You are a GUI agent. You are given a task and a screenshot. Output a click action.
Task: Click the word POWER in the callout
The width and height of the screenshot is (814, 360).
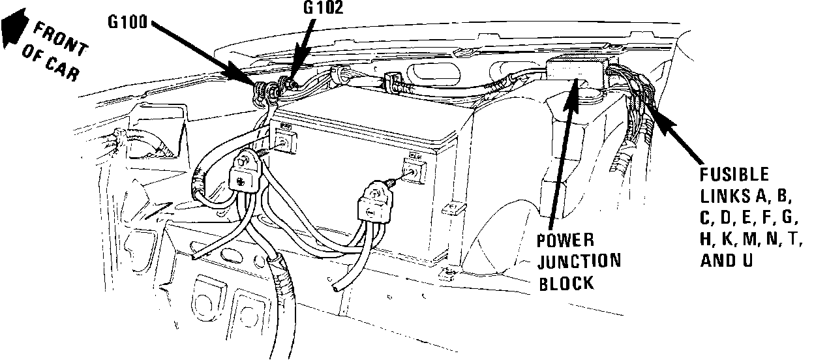point(565,241)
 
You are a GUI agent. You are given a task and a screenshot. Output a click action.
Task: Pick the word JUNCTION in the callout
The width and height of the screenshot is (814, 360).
point(579,262)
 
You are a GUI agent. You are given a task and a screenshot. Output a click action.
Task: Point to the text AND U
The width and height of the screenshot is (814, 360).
point(727,260)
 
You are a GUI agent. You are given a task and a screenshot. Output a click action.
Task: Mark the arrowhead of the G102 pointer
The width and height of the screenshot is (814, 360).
point(293,78)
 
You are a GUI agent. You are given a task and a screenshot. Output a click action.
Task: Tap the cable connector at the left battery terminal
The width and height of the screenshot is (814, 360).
point(247,171)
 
